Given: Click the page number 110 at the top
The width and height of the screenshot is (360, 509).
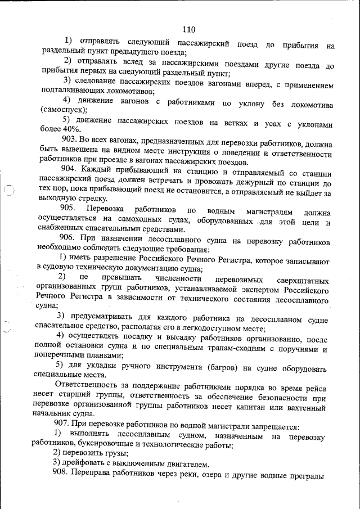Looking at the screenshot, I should [x=188, y=30].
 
